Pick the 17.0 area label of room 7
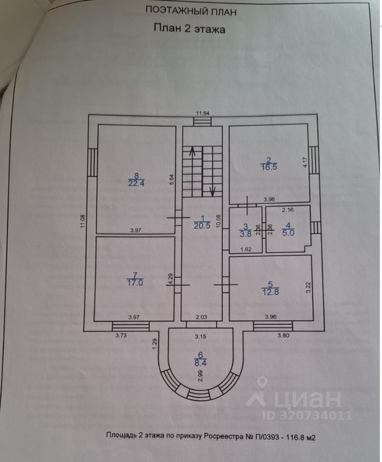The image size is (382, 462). [x=134, y=283]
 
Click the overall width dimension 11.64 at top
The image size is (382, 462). [x=202, y=114]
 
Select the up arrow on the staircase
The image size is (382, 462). [x=192, y=152]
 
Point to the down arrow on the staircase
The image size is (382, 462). [x=212, y=190]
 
